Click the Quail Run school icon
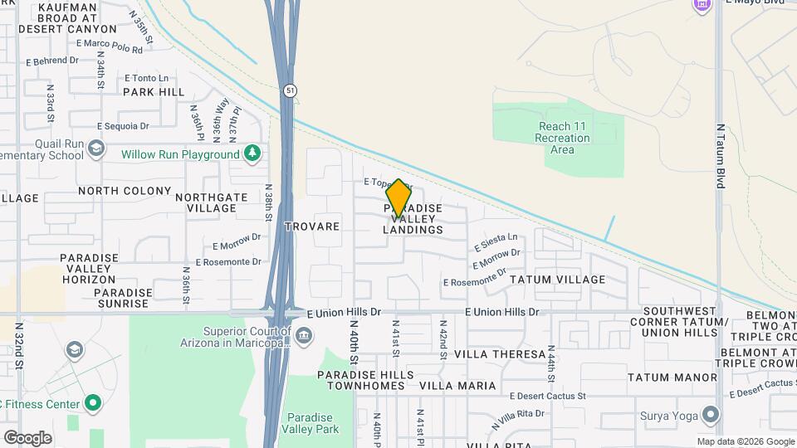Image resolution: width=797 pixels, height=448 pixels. click(96, 149)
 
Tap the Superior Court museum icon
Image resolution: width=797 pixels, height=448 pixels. click(304, 335)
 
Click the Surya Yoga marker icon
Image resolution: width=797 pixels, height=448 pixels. click(710, 414)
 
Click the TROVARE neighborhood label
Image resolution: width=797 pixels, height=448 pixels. click(312, 226)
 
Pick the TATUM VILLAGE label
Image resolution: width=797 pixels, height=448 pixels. click(557, 280)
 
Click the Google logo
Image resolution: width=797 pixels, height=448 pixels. click(27, 437)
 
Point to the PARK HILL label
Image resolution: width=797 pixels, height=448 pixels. click(154, 92)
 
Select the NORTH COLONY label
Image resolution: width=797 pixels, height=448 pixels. click(125, 191)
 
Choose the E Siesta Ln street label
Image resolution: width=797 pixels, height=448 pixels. click(496, 242)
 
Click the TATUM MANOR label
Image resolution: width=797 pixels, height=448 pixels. click(672, 377)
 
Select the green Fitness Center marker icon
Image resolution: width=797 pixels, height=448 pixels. click(93, 404)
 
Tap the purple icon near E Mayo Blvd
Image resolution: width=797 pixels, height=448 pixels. click(702, 5)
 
